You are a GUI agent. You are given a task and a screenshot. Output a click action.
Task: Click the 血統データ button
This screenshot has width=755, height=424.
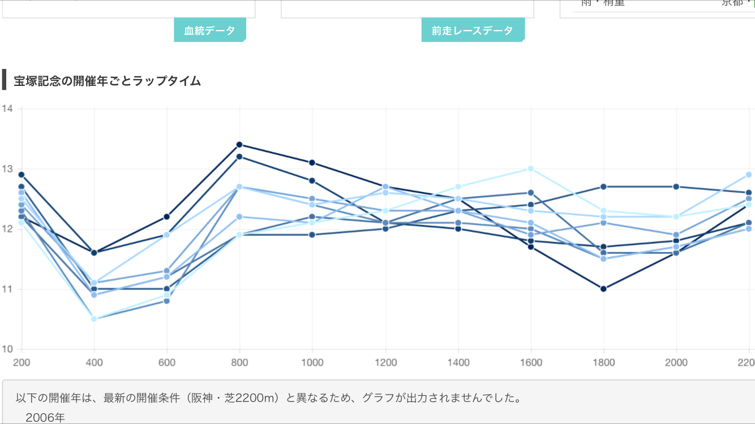point(209,31)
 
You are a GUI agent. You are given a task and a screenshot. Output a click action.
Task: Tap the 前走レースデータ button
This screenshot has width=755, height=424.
point(472,31)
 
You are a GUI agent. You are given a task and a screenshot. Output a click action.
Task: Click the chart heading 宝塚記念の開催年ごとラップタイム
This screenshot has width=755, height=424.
point(108,81)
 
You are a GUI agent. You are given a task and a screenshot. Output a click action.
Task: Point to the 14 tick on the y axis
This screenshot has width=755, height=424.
point(8,109)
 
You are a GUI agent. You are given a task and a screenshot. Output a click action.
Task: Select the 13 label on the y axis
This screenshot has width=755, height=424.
point(8,169)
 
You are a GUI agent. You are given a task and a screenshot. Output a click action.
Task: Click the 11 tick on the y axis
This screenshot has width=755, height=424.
point(8,289)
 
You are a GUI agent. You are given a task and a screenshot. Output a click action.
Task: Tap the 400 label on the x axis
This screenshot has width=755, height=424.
point(95,362)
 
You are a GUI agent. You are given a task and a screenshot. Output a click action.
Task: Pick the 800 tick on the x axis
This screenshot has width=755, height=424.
point(240,362)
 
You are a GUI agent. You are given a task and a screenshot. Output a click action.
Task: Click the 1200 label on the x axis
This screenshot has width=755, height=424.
point(385,362)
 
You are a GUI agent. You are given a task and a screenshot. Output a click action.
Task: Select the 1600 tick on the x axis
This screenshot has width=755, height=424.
point(531,362)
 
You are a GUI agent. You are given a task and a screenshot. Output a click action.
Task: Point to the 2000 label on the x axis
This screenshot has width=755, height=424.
point(676,362)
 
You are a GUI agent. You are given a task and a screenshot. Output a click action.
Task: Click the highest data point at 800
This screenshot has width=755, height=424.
point(239,145)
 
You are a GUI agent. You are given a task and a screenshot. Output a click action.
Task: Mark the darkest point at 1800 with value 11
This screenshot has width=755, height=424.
point(603,289)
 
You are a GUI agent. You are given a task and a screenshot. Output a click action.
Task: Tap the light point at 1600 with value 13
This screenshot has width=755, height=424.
point(531,168)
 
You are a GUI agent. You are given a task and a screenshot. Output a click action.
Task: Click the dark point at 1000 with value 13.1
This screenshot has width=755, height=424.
point(312,163)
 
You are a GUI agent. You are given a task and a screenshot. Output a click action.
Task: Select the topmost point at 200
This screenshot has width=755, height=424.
point(22,175)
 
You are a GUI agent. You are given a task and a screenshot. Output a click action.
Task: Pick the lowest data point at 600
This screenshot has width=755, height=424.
point(167,301)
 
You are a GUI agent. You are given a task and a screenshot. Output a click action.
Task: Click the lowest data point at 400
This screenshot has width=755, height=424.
point(94,319)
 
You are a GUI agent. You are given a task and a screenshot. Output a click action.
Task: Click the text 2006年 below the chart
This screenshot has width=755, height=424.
point(45,418)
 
